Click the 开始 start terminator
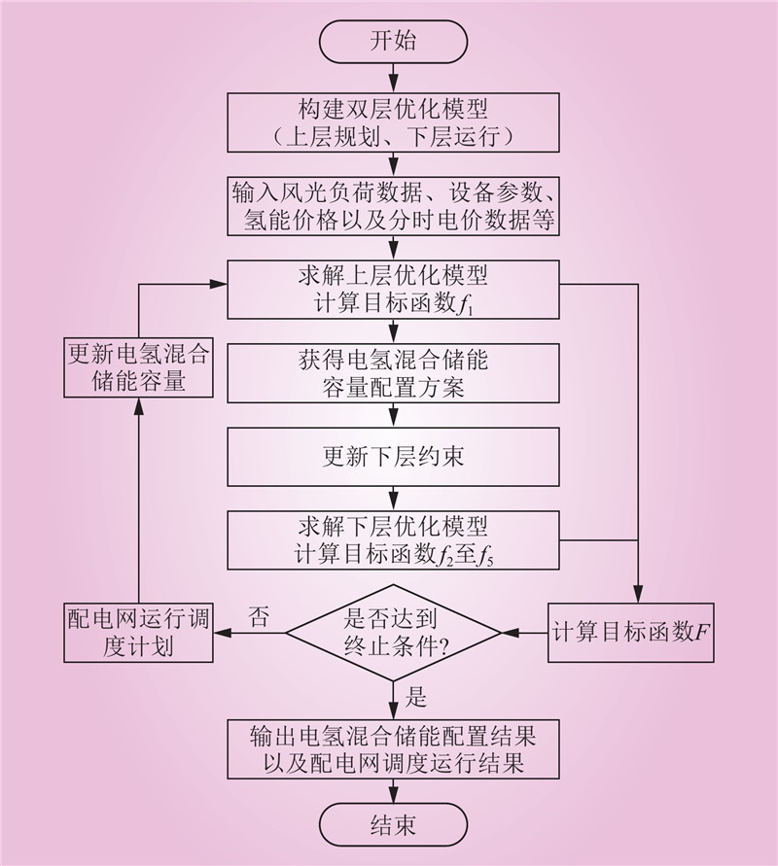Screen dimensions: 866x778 coord(393,41)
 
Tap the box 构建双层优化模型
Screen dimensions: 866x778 coord(393,121)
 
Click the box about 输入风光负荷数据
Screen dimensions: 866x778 coord(393,205)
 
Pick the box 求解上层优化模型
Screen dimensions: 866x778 coord(393,289)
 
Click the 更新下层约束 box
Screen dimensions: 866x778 coord(393,457)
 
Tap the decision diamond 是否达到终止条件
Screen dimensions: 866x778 coord(393,633)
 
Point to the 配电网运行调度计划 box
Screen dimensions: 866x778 coord(137,633)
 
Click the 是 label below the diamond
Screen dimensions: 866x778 coord(415,697)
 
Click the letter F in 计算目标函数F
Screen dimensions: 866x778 coord(703,634)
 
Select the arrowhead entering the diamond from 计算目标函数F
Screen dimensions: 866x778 coord(509,633)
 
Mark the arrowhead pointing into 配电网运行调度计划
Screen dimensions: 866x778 coord(221,633)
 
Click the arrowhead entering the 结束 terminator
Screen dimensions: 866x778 coord(393,798)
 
